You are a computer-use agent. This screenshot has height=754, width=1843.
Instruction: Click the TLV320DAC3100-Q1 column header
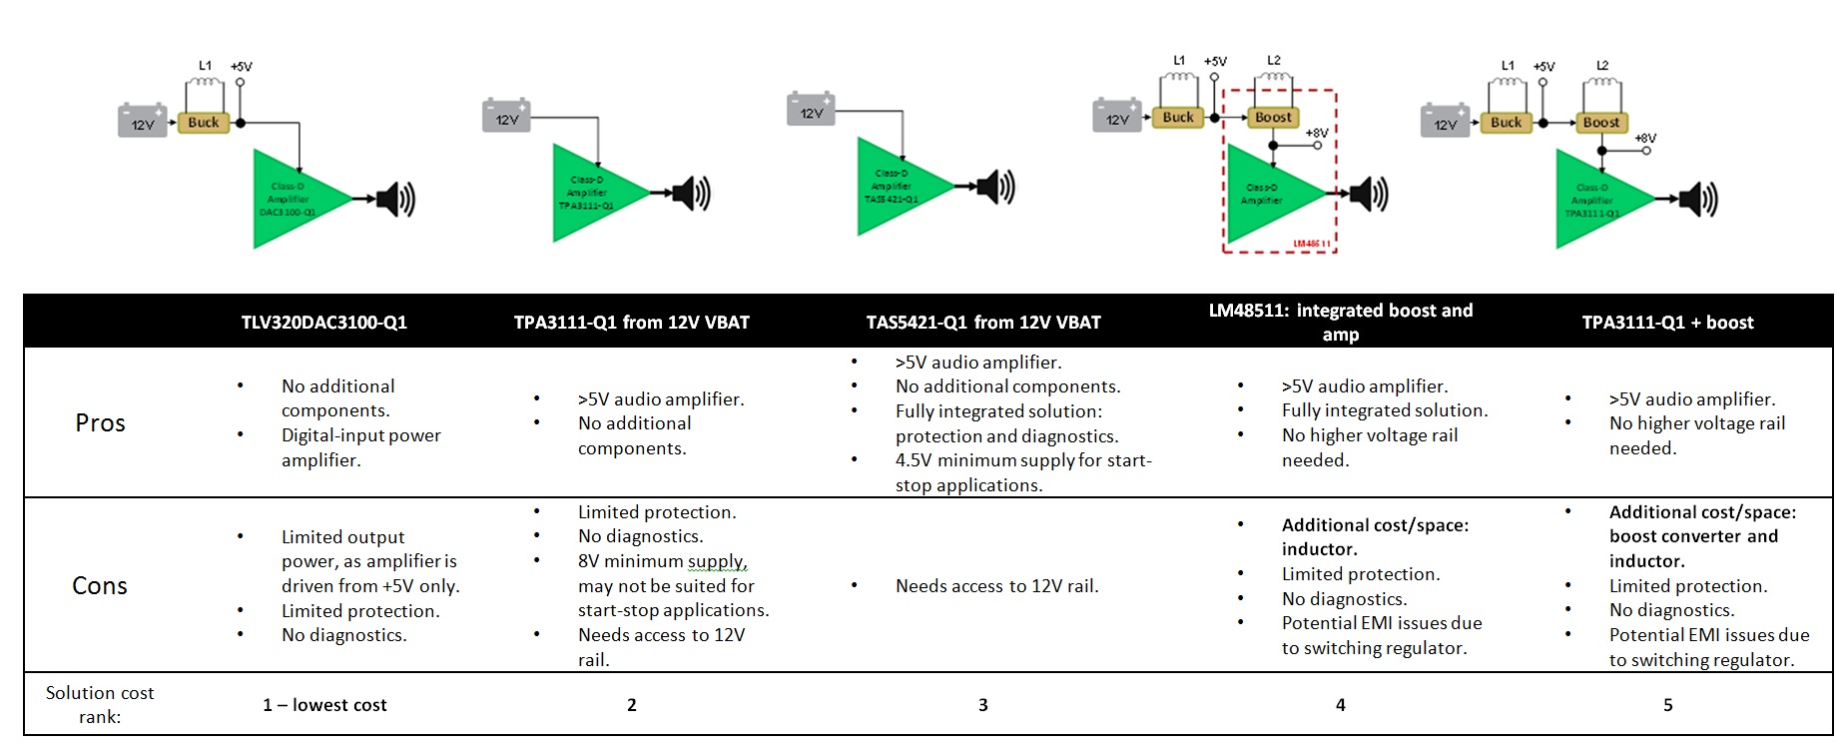pyautogui.click(x=323, y=323)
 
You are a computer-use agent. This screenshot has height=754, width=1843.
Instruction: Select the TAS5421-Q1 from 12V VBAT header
pyautogui.click(x=983, y=323)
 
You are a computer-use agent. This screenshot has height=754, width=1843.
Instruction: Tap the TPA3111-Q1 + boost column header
pyautogui.click(x=1667, y=323)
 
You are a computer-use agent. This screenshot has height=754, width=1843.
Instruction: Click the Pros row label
pyautogui.click(x=100, y=423)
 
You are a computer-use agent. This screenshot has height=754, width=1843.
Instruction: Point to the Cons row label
pyautogui.click(x=100, y=586)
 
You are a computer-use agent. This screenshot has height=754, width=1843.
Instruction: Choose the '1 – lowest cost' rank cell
pyautogui.click(x=324, y=705)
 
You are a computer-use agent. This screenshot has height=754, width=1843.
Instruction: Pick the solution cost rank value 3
pyautogui.click(x=983, y=705)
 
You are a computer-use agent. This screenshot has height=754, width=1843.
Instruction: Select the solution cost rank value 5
pyautogui.click(x=1667, y=705)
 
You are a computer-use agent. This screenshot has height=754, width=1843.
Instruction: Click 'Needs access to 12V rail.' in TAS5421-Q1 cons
pyautogui.click(x=996, y=586)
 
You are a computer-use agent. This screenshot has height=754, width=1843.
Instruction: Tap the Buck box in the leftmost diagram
pyautogui.click(x=204, y=123)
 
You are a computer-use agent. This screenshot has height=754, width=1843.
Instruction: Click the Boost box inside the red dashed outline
pyautogui.click(x=1273, y=118)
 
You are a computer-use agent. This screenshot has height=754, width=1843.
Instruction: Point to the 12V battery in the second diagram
pyautogui.click(x=506, y=117)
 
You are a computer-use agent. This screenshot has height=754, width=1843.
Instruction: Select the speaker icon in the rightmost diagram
pyautogui.click(x=1698, y=200)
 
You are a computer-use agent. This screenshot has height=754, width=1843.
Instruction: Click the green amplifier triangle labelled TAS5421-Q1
pyautogui.click(x=896, y=188)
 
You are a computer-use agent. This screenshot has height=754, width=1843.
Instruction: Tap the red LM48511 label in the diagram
pyautogui.click(x=1312, y=244)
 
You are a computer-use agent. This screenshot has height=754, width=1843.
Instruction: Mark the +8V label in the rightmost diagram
pyautogui.click(x=1645, y=138)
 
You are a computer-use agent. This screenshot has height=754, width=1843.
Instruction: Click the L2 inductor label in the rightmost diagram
pyautogui.click(x=1602, y=66)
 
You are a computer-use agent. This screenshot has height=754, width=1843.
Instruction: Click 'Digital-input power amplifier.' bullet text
pyautogui.click(x=360, y=447)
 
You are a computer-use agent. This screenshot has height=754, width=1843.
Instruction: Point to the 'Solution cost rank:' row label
pyautogui.click(x=100, y=705)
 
